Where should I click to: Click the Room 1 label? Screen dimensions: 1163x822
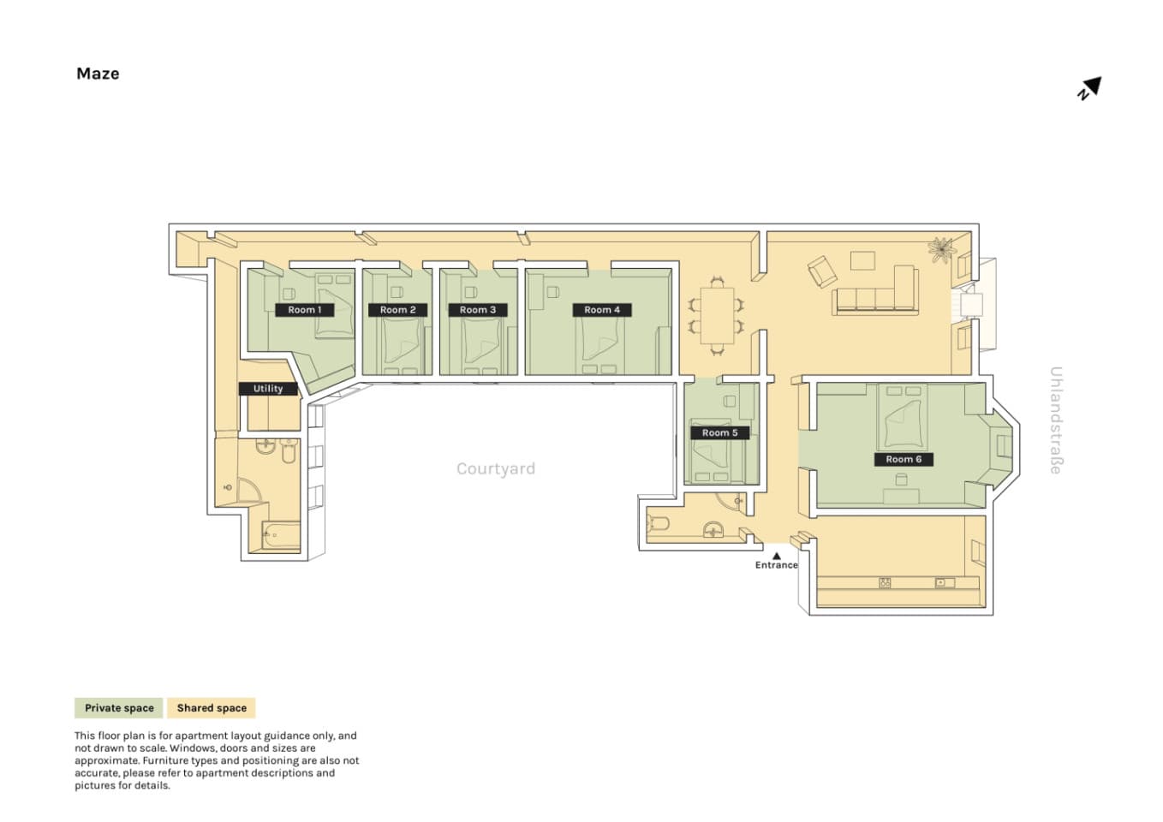(304, 310)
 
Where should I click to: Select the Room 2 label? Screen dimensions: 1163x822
(397, 310)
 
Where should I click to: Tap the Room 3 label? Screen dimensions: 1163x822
(478, 310)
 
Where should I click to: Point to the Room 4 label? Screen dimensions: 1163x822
(602, 310)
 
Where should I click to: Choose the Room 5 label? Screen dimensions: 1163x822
(719, 432)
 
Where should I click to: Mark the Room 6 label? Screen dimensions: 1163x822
(904, 459)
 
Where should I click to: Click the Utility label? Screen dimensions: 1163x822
(268, 389)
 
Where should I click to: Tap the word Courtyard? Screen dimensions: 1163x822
(496, 468)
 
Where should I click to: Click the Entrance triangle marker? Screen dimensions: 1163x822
(777, 557)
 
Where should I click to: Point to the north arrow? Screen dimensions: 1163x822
(1090, 88)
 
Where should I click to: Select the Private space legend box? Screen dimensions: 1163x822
(119, 708)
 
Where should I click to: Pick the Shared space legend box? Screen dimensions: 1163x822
(212, 708)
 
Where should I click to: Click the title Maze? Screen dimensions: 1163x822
(98, 74)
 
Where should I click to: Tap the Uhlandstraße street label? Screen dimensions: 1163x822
(1056, 420)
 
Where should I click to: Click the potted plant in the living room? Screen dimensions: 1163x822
(941, 250)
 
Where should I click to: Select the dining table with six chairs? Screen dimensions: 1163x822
(717, 315)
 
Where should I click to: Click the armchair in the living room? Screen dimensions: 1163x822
(822, 271)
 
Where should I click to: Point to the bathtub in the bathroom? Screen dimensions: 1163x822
(281, 535)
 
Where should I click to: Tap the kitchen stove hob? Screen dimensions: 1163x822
(885, 583)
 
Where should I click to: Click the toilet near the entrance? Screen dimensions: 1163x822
(658, 523)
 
